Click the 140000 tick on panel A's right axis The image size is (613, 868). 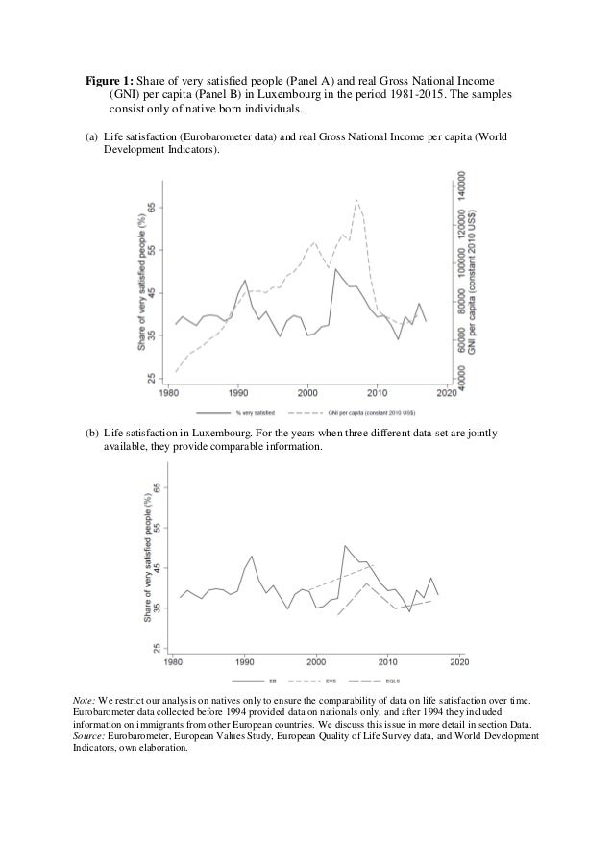pos(462,189)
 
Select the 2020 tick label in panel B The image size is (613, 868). pos(459,662)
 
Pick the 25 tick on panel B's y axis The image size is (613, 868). pos(159,649)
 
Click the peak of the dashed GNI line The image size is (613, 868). pos(356,199)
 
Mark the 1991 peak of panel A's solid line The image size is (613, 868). pos(245,281)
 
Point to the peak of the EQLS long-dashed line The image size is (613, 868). pos(365,583)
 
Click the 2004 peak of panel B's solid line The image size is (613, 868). pos(344,546)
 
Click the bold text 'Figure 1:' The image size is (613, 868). pos(105,81)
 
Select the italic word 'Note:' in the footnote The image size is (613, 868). pos(84,702)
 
